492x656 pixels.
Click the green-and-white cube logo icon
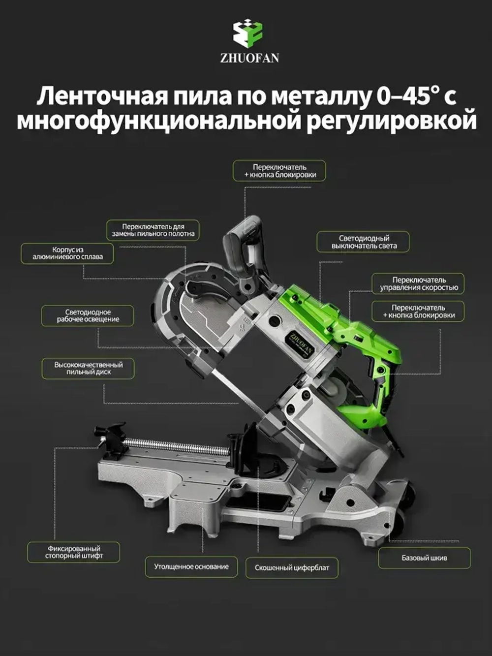tap(249, 34)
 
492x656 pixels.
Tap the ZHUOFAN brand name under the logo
tap(249, 58)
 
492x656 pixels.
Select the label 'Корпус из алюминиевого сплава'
tap(67, 253)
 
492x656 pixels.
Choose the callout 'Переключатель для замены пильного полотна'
tap(153, 230)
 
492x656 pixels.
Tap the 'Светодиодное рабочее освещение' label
tap(88, 316)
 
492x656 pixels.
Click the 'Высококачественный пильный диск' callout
tap(88, 369)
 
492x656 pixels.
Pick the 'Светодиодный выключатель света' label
tap(364, 242)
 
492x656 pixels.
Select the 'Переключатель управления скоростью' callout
tap(418, 284)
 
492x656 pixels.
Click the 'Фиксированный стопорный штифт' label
tap(74, 552)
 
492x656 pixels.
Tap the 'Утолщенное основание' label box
tap(191, 567)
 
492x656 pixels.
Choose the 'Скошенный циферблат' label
tap(292, 568)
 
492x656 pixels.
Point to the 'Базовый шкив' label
tap(424, 558)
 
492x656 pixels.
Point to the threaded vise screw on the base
tap(177, 448)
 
